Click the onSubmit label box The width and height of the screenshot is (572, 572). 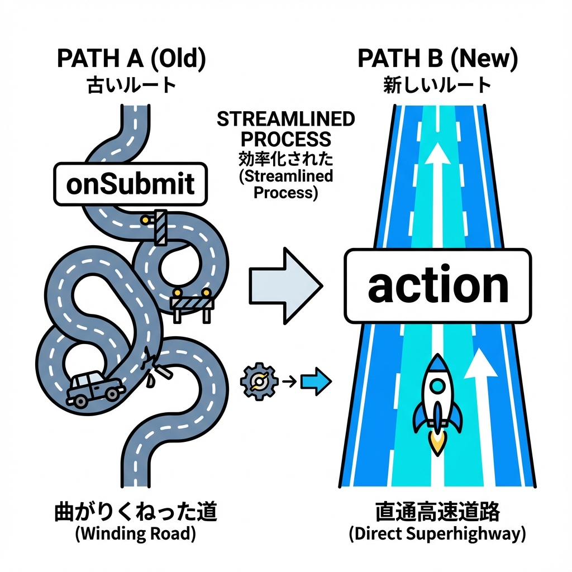pyautogui.click(x=130, y=184)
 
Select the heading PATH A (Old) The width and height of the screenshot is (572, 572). pyautogui.click(x=131, y=59)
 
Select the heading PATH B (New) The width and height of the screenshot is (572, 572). pyautogui.click(x=437, y=59)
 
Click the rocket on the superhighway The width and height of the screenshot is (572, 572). pyautogui.click(x=438, y=399)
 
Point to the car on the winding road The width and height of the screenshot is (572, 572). pyautogui.click(x=95, y=387)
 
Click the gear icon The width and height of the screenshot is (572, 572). pyautogui.click(x=259, y=382)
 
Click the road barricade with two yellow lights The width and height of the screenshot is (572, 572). pyautogui.click(x=193, y=304)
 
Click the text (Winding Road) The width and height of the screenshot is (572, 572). pyautogui.click(x=135, y=533)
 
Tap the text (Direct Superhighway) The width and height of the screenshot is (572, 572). pyautogui.click(x=437, y=533)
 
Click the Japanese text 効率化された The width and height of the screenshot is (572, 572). pyautogui.click(x=285, y=159)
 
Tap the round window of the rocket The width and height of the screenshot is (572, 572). pyautogui.click(x=438, y=385)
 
